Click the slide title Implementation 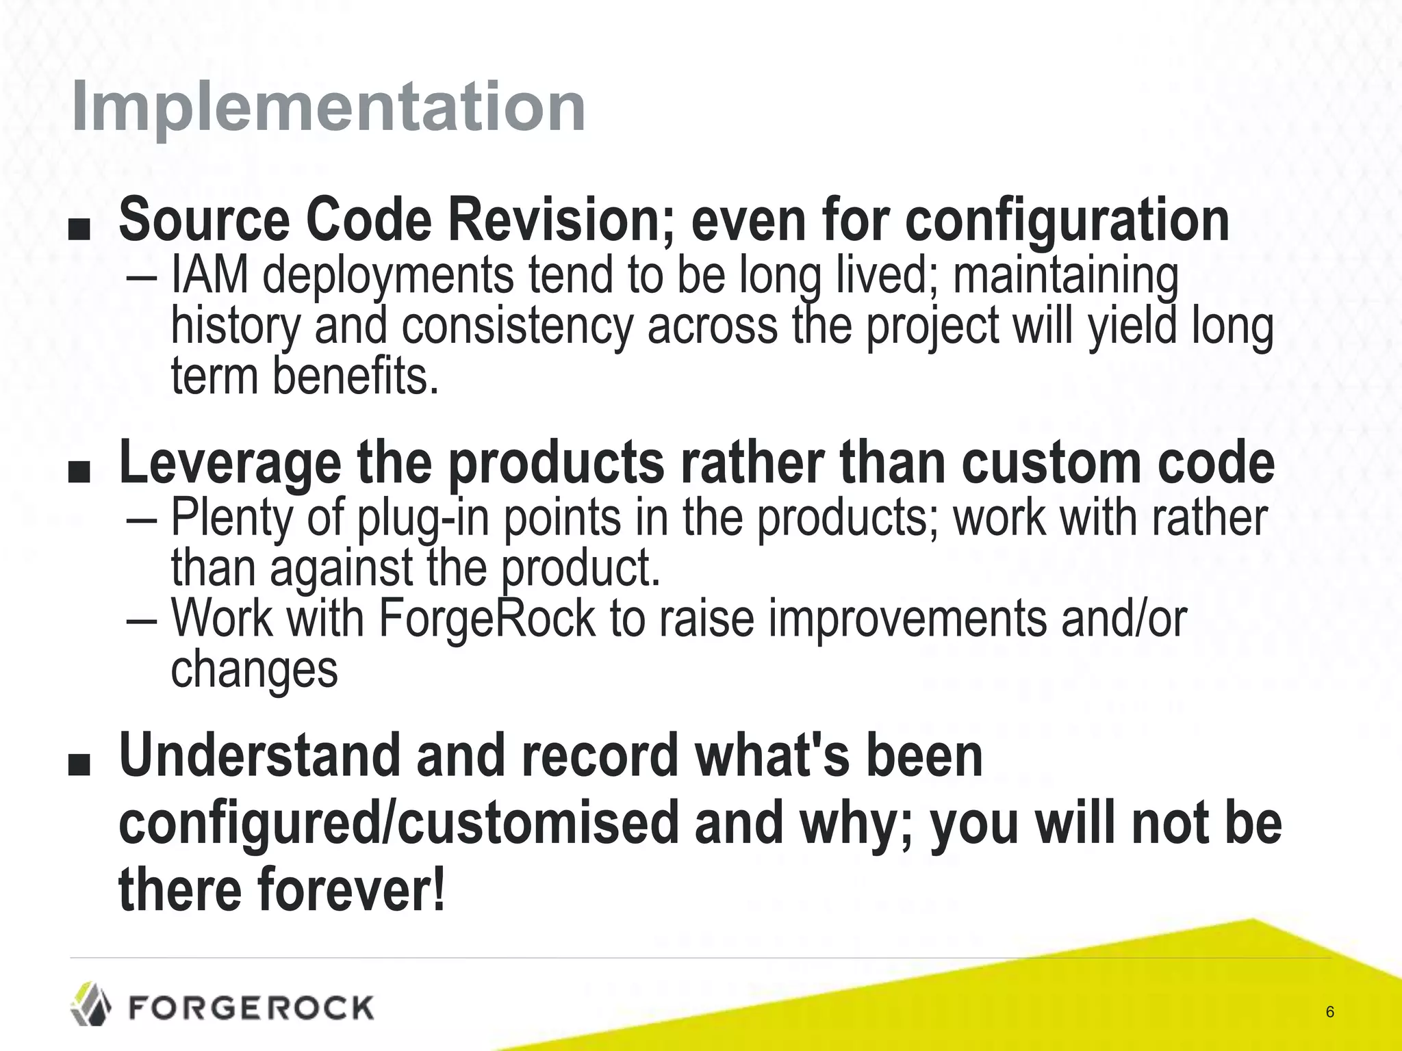pyautogui.click(x=328, y=107)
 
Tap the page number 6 pyautogui.click(x=1330, y=1012)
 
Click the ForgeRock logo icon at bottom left pyautogui.click(x=92, y=1004)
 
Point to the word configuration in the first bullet pyautogui.click(x=1067, y=220)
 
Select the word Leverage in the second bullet pyautogui.click(x=230, y=464)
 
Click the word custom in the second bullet pyautogui.click(x=1051, y=464)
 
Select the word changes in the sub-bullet pyautogui.click(x=254, y=669)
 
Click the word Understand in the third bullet pyautogui.click(x=259, y=755)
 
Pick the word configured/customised pyautogui.click(x=398, y=822)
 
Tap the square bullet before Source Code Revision pyautogui.click(x=79, y=231)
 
